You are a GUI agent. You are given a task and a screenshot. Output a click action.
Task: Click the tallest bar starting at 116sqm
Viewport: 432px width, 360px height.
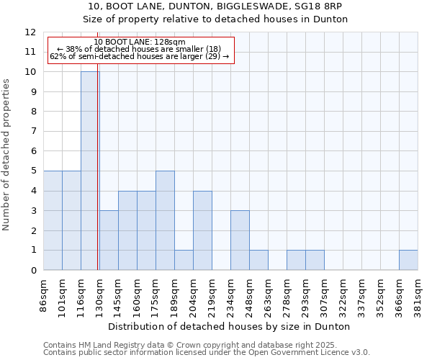click(90, 171)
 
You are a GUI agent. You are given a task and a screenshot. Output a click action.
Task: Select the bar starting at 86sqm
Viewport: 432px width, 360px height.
click(53, 220)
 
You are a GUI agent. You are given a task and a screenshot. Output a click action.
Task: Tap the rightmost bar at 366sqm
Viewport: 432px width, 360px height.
click(408, 260)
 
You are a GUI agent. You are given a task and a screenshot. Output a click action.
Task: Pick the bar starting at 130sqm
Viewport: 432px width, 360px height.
click(109, 240)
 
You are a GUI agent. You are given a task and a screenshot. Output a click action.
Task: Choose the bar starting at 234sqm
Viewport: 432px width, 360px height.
click(240, 240)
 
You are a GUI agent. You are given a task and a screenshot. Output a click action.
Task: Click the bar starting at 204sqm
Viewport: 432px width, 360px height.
click(202, 230)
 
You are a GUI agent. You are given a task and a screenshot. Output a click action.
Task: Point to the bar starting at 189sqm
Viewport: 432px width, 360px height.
click(184, 260)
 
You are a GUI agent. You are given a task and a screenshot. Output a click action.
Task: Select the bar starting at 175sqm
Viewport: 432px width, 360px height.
click(165, 220)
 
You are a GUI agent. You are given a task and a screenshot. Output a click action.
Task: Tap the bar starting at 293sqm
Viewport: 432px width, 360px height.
click(315, 260)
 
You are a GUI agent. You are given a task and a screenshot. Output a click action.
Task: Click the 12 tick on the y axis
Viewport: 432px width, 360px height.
click(30, 32)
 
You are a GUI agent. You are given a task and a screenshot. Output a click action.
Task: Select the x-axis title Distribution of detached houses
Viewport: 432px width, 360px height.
click(230, 326)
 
